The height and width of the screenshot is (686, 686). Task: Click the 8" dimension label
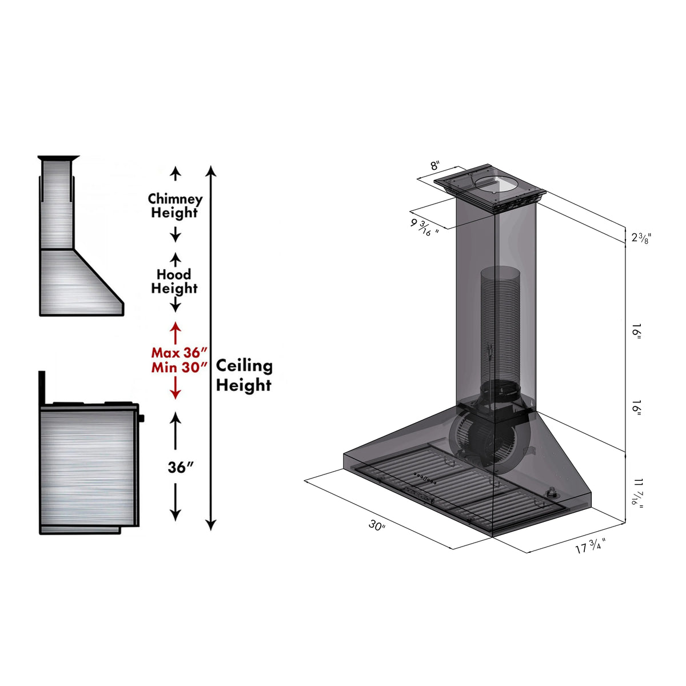pyautogui.click(x=436, y=166)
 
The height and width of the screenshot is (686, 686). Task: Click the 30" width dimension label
pyautogui.click(x=377, y=525)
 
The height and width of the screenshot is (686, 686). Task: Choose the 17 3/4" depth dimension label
pyautogui.click(x=590, y=547)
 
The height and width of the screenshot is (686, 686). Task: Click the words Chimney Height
pyautogui.click(x=175, y=206)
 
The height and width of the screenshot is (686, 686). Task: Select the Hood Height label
pyautogui.click(x=174, y=281)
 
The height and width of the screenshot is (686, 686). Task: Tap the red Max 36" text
pyautogui.click(x=179, y=352)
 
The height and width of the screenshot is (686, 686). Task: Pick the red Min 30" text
pyautogui.click(x=179, y=368)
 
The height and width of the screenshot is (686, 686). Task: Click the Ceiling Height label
pyautogui.click(x=244, y=375)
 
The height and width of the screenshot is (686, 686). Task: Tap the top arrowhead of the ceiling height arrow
pyautogui.click(x=211, y=171)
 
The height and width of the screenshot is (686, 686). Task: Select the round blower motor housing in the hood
pyautogui.click(x=490, y=440)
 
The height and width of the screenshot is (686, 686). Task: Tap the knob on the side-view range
pyautogui.click(x=141, y=418)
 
